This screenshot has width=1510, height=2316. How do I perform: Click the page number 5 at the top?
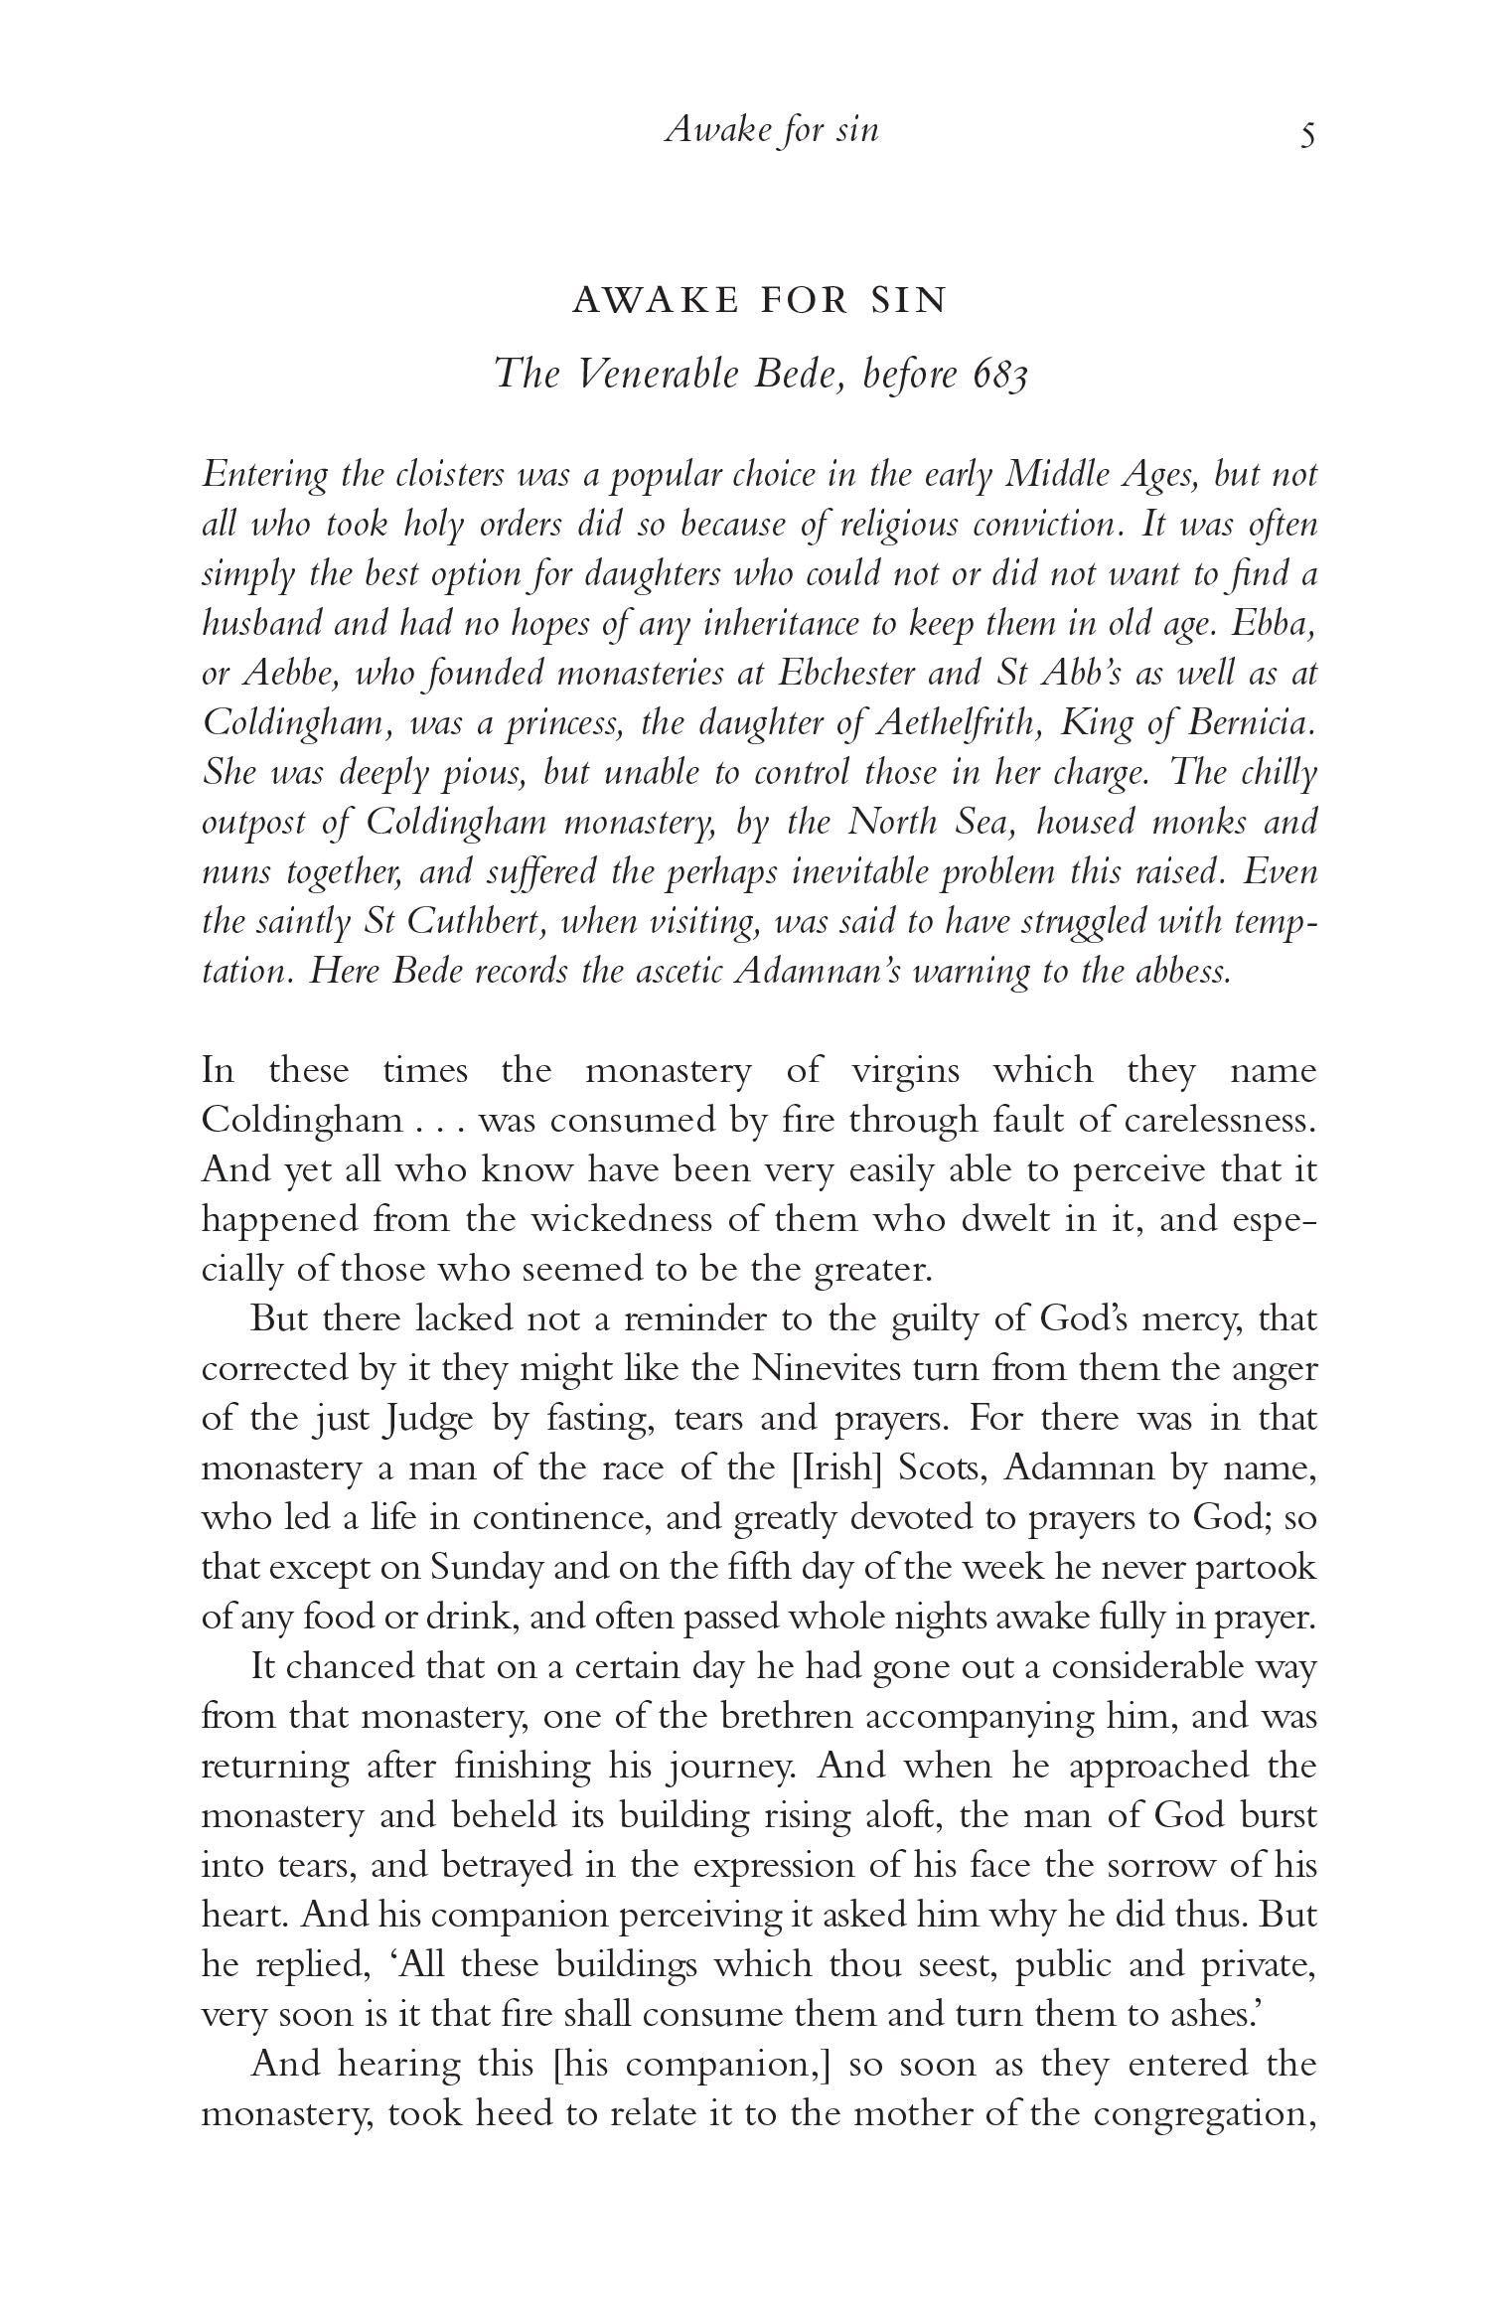tap(1307, 133)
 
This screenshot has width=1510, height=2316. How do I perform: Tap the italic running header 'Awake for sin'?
tap(772, 129)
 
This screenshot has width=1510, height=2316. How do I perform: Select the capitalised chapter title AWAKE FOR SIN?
tap(760, 300)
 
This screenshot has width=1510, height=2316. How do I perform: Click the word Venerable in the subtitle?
tap(661, 374)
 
